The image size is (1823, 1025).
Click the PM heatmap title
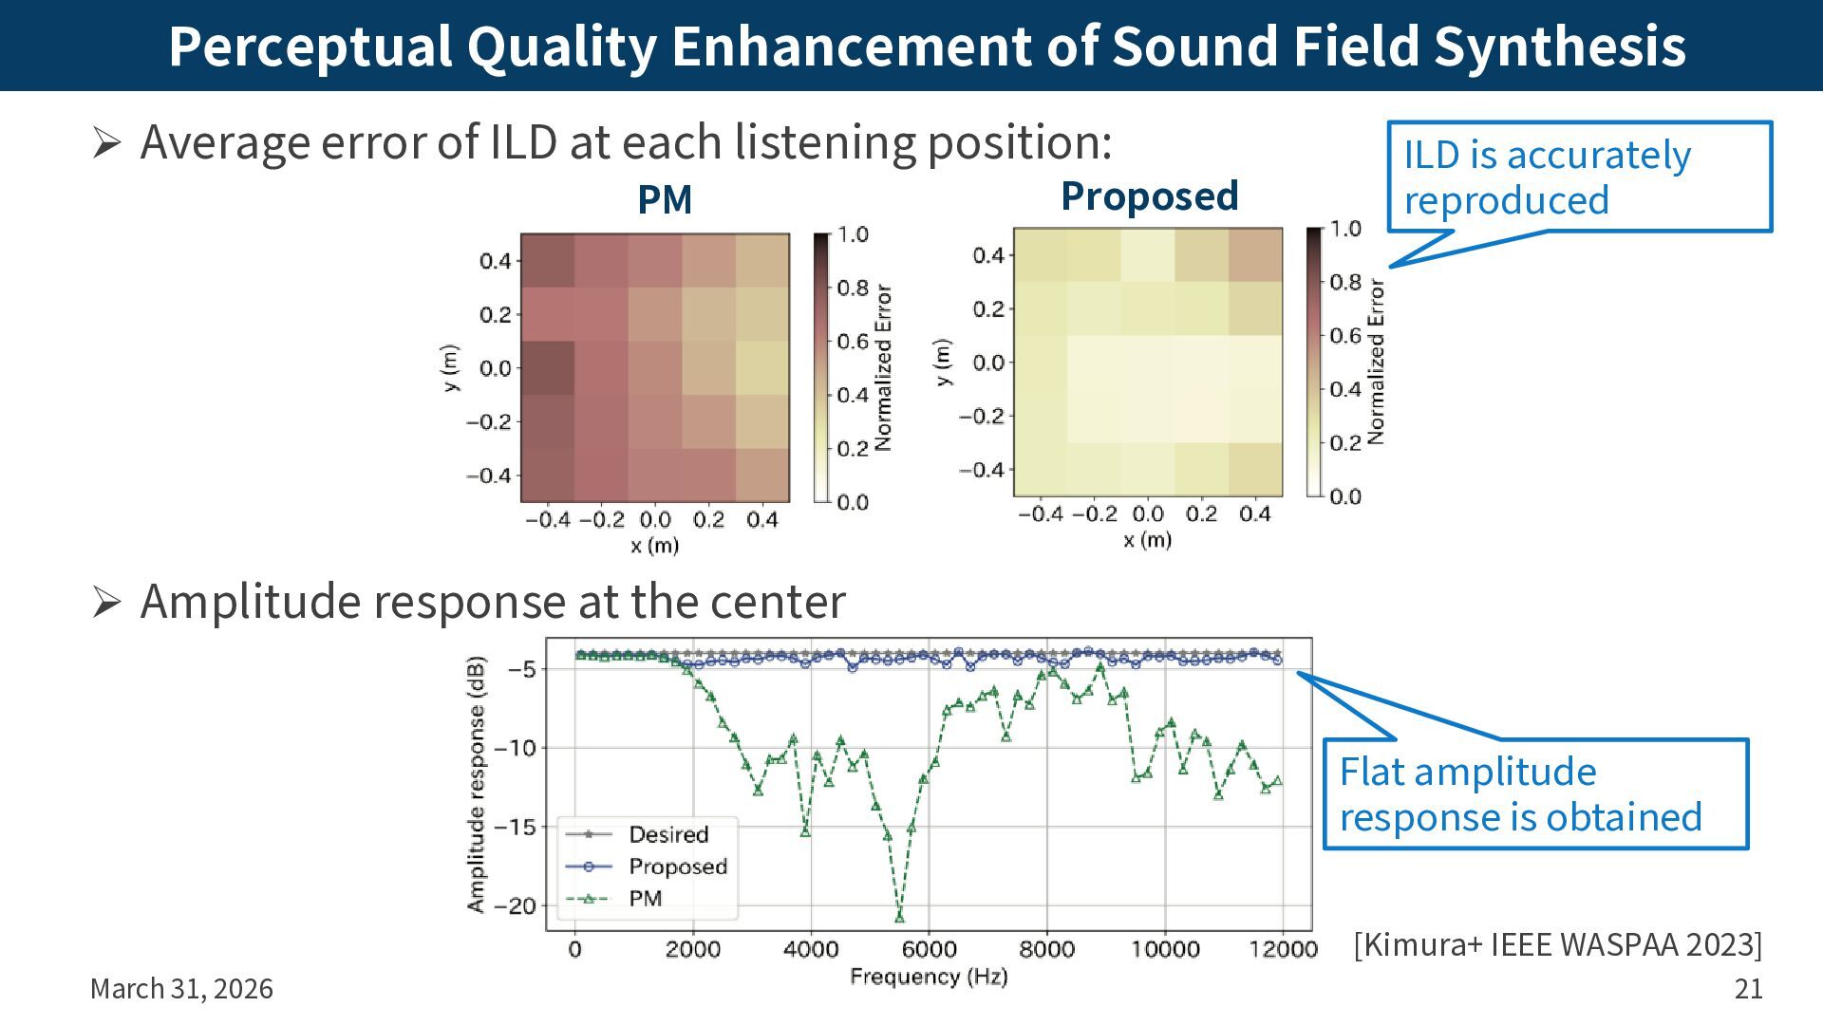pyautogui.click(x=665, y=199)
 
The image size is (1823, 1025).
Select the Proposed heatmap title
pyautogui.click(x=1149, y=196)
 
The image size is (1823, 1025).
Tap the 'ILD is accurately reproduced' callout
pyautogui.click(x=1579, y=177)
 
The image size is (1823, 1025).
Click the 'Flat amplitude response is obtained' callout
pyautogui.click(x=1534, y=794)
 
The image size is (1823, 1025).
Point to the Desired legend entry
pyautogui.click(x=668, y=834)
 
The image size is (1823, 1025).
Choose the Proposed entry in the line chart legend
pyautogui.click(x=677, y=867)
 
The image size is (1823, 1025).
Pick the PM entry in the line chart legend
pyautogui.click(x=645, y=898)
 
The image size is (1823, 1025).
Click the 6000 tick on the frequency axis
pyautogui.click(x=929, y=950)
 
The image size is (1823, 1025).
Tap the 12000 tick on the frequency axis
pyautogui.click(x=1283, y=950)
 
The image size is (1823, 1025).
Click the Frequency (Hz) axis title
pyautogui.click(x=929, y=977)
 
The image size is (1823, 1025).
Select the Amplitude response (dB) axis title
pyautogui.click(x=476, y=784)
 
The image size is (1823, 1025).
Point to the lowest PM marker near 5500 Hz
pyautogui.click(x=899, y=918)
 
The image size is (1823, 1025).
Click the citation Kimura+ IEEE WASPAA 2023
pyautogui.click(x=1557, y=944)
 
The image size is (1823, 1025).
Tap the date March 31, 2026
pyautogui.click(x=181, y=989)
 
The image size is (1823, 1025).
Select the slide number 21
pyautogui.click(x=1748, y=989)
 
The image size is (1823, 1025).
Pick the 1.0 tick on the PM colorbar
pyautogui.click(x=853, y=234)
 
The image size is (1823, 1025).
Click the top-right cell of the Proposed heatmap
pyautogui.click(x=1255, y=254)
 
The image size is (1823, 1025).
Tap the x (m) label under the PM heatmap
pyautogui.click(x=654, y=546)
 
